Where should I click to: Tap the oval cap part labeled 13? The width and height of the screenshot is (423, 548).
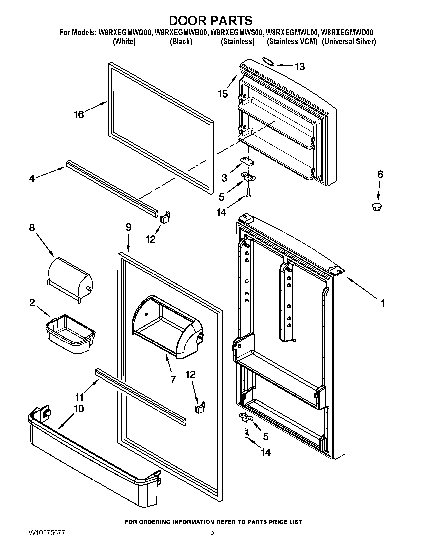tap(268, 61)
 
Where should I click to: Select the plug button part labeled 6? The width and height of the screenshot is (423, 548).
tap(377, 207)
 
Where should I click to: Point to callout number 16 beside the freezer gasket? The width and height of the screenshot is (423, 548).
tap(79, 114)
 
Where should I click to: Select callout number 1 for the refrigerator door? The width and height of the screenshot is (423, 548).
tap(383, 303)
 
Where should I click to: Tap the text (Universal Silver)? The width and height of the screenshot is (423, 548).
tap(349, 42)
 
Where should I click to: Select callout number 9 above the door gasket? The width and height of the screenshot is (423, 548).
tap(128, 227)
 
